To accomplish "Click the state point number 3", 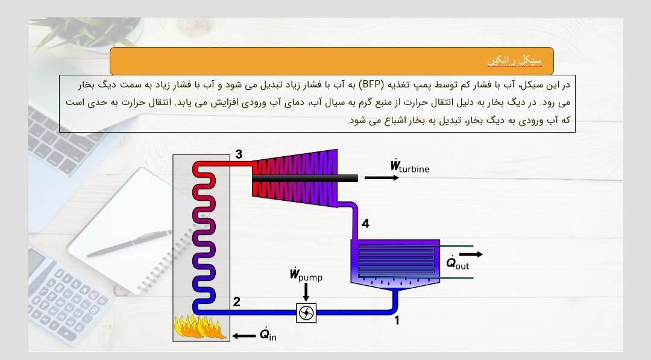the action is tap(239, 154).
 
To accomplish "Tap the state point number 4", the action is tap(365, 224).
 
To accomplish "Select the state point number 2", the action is tap(237, 302).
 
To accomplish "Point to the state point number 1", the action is tap(397, 321).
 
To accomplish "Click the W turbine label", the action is tap(410, 166).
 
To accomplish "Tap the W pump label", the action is tap(306, 275).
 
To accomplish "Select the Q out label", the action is tap(458, 264).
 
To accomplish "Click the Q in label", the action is tap(268, 334).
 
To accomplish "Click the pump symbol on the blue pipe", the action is tap(306, 313).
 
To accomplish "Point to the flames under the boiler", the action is tap(200, 326).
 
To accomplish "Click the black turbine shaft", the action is tap(305, 178).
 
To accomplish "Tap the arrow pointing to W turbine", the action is tap(382, 178).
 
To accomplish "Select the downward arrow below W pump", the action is tap(306, 292).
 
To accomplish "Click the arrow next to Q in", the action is tap(244, 336).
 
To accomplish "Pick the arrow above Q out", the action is tap(471, 254).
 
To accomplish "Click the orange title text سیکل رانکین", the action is tap(514, 61).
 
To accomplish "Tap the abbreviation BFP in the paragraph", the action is tap(371, 84).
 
